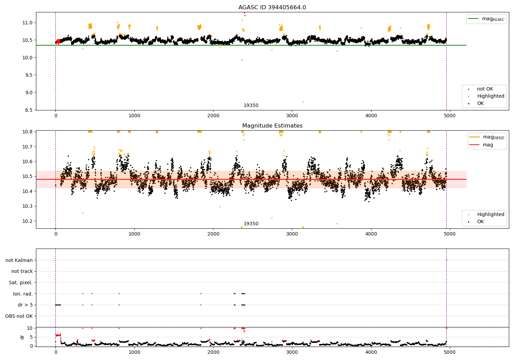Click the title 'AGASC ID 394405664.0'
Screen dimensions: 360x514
pos(272,8)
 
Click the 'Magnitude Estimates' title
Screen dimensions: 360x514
pos(272,126)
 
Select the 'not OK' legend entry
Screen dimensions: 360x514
pos(485,89)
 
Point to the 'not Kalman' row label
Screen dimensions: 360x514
pos(19,260)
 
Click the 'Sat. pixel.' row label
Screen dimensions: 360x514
pos(21,283)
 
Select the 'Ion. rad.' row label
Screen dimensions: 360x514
pos(23,294)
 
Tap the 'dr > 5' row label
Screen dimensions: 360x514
pos(25,305)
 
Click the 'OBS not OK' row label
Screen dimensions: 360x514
pos(19,316)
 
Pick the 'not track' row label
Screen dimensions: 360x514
pos(22,271)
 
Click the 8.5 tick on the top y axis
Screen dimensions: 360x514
pos(29,110)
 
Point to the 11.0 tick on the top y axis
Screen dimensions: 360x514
pos(28,23)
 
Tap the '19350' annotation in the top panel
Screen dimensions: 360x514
pos(251,106)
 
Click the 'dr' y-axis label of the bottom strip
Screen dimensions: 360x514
pos(22,337)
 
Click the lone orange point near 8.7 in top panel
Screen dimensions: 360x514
pos(303,102)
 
